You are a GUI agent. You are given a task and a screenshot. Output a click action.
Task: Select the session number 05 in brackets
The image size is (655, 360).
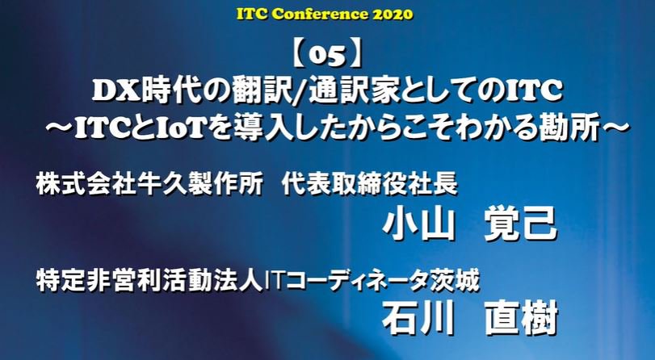click(328, 56)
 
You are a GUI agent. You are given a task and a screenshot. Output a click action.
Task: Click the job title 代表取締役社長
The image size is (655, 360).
click(370, 184)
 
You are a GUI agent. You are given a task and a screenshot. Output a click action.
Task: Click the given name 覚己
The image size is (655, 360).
click(521, 225)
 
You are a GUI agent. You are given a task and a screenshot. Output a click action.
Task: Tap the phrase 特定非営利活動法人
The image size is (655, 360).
click(150, 280)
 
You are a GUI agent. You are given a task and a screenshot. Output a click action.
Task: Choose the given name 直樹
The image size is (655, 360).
click(521, 318)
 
